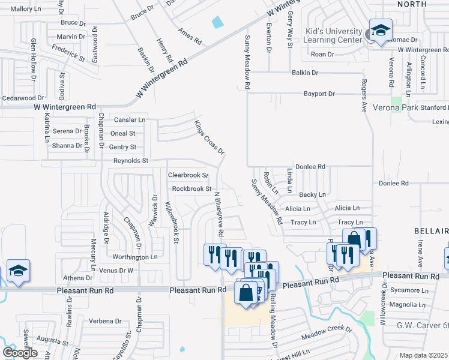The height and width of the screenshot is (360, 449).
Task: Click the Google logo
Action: [x=20, y=353]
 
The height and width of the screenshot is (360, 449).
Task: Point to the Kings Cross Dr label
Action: [x=209, y=137]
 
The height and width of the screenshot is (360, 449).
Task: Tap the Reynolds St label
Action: [x=131, y=161]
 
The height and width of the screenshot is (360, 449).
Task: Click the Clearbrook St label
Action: [x=188, y=175]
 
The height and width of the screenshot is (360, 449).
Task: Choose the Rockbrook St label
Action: [x=192, y=188]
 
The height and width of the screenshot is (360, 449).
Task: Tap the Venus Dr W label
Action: [x=116, y=271]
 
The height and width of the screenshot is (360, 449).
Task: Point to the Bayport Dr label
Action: [x=319, y=94]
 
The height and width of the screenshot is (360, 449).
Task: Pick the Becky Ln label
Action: [x=312, y=194]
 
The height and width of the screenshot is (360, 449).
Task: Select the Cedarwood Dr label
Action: [x=23, y=98]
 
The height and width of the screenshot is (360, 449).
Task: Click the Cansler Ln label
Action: [x=130, y=120]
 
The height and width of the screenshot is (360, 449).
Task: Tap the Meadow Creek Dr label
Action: [x=327, y=329]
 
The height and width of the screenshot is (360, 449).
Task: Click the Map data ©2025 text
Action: [x=424, y=355]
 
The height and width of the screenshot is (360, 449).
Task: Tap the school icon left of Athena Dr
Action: [x=18, y=271]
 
